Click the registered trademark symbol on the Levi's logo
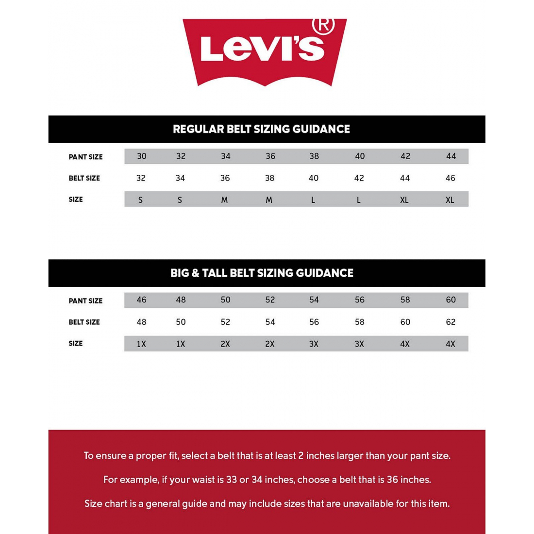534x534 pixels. pos(324,25)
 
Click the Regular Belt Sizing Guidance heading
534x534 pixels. pos(261,129)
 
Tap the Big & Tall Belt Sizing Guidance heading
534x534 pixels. pos(262,273)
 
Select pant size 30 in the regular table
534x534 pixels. pos(141,156)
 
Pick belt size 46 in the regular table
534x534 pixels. pos(450,178)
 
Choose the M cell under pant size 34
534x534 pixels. pos(225,200)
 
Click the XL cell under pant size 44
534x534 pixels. pos(450,200)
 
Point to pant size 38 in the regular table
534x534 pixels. pos(314,156)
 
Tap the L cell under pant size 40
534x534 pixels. pos(359,200)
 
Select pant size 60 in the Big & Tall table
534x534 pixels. pos(451,300)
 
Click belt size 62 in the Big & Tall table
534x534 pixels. pos(451,322)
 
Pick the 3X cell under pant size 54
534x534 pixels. pos(314,344)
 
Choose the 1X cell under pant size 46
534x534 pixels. pos(141,344)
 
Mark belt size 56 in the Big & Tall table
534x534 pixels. pos(314,322)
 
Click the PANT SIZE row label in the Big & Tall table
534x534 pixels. pos(85,301)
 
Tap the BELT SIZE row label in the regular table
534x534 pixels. pos(84,178)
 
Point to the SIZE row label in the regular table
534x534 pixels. pos(76,200)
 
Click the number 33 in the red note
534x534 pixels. pos(232,480)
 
